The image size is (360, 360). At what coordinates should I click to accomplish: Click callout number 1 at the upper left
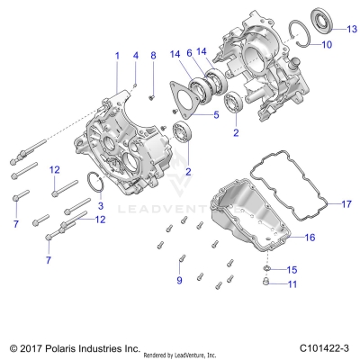pyautogui.click(x=115, y=55)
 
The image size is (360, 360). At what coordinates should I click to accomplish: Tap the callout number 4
pyautogui.click(x=135, y=55)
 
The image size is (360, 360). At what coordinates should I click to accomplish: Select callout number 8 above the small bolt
pyautogui.click(x=153, y=56)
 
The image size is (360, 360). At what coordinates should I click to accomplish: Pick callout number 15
pyautogui.click(x=291, y=269)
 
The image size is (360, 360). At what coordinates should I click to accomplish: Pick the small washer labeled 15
pyautogui.click(x=270, y=269)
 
